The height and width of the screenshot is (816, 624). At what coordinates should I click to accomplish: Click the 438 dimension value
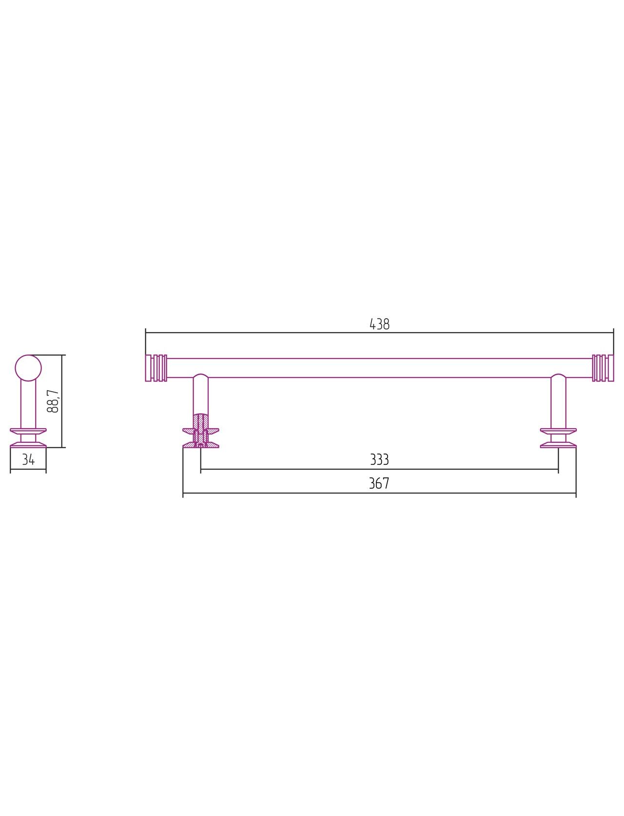point(379,324)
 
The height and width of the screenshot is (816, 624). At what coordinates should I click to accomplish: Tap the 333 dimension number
point(379,459)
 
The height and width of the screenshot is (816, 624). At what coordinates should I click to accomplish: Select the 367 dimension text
point(379,483)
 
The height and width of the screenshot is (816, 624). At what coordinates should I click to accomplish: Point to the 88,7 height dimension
point(53,401)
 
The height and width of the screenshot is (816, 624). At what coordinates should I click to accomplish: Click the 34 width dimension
point(28,460)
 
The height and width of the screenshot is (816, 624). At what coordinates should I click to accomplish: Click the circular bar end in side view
point(28,368)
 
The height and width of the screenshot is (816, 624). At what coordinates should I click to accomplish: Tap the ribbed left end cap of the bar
point(156,368)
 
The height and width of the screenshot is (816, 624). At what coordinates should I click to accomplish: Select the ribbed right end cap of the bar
point(603,368)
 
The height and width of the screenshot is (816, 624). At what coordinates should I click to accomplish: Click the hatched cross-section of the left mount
point(201,431)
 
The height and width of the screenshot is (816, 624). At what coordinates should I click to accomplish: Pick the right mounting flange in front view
point(558,438)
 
